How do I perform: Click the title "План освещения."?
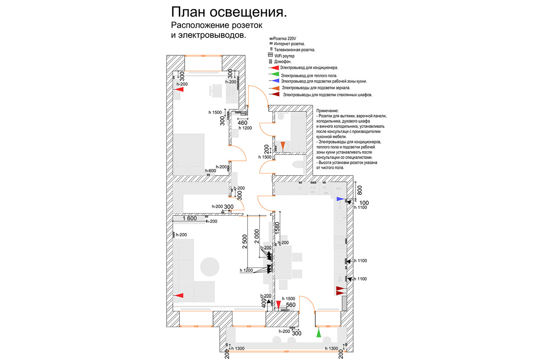pos(229,12)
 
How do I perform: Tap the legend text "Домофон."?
pos(283,62)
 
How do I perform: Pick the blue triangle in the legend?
pos(274,81)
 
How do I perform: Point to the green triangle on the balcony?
pos(319,333)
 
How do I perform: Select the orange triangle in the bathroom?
pos(283,146)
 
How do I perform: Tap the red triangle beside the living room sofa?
pos(179,295)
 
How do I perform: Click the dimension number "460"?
pos(242,123)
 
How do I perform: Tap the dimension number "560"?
pos(291,305)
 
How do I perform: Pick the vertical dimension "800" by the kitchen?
pos(359,190)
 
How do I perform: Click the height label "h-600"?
pos(211,171)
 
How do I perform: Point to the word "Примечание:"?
pos(330,111)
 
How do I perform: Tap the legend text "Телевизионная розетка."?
pos(294,50)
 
